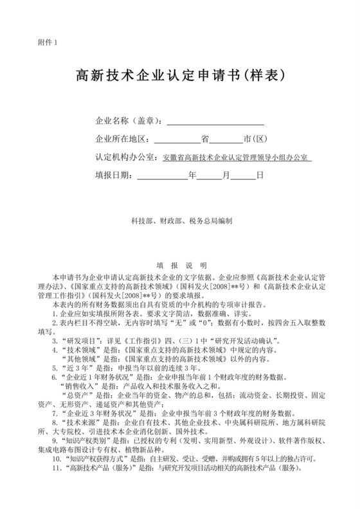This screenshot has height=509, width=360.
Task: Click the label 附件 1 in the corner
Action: [x=48, y=42]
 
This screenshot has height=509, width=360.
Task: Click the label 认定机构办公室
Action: [x=125, y=156]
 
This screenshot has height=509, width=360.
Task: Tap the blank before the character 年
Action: [x=161, y=174]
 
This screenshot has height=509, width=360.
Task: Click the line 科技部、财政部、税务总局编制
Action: [x=181, y=220]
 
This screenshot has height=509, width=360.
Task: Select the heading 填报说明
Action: [x=181, y=264]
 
